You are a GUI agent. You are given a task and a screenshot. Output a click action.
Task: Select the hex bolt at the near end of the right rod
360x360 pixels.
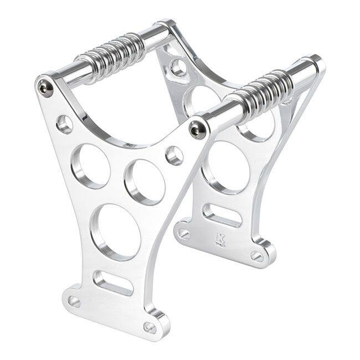[197, 128]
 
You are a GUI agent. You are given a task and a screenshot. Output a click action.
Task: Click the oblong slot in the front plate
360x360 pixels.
[112, 282]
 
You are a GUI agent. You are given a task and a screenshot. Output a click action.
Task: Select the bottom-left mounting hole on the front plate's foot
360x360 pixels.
[74, 301]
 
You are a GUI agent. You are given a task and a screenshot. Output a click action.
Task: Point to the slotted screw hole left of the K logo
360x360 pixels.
[184, 234]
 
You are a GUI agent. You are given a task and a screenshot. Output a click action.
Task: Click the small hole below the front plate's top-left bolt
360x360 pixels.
[65, 124]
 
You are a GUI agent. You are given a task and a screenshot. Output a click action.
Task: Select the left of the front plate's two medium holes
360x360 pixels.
[90, 166]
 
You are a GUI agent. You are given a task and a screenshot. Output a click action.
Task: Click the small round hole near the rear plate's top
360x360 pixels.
[178, 68]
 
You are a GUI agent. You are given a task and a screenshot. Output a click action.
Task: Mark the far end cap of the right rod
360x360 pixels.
[313, 65]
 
